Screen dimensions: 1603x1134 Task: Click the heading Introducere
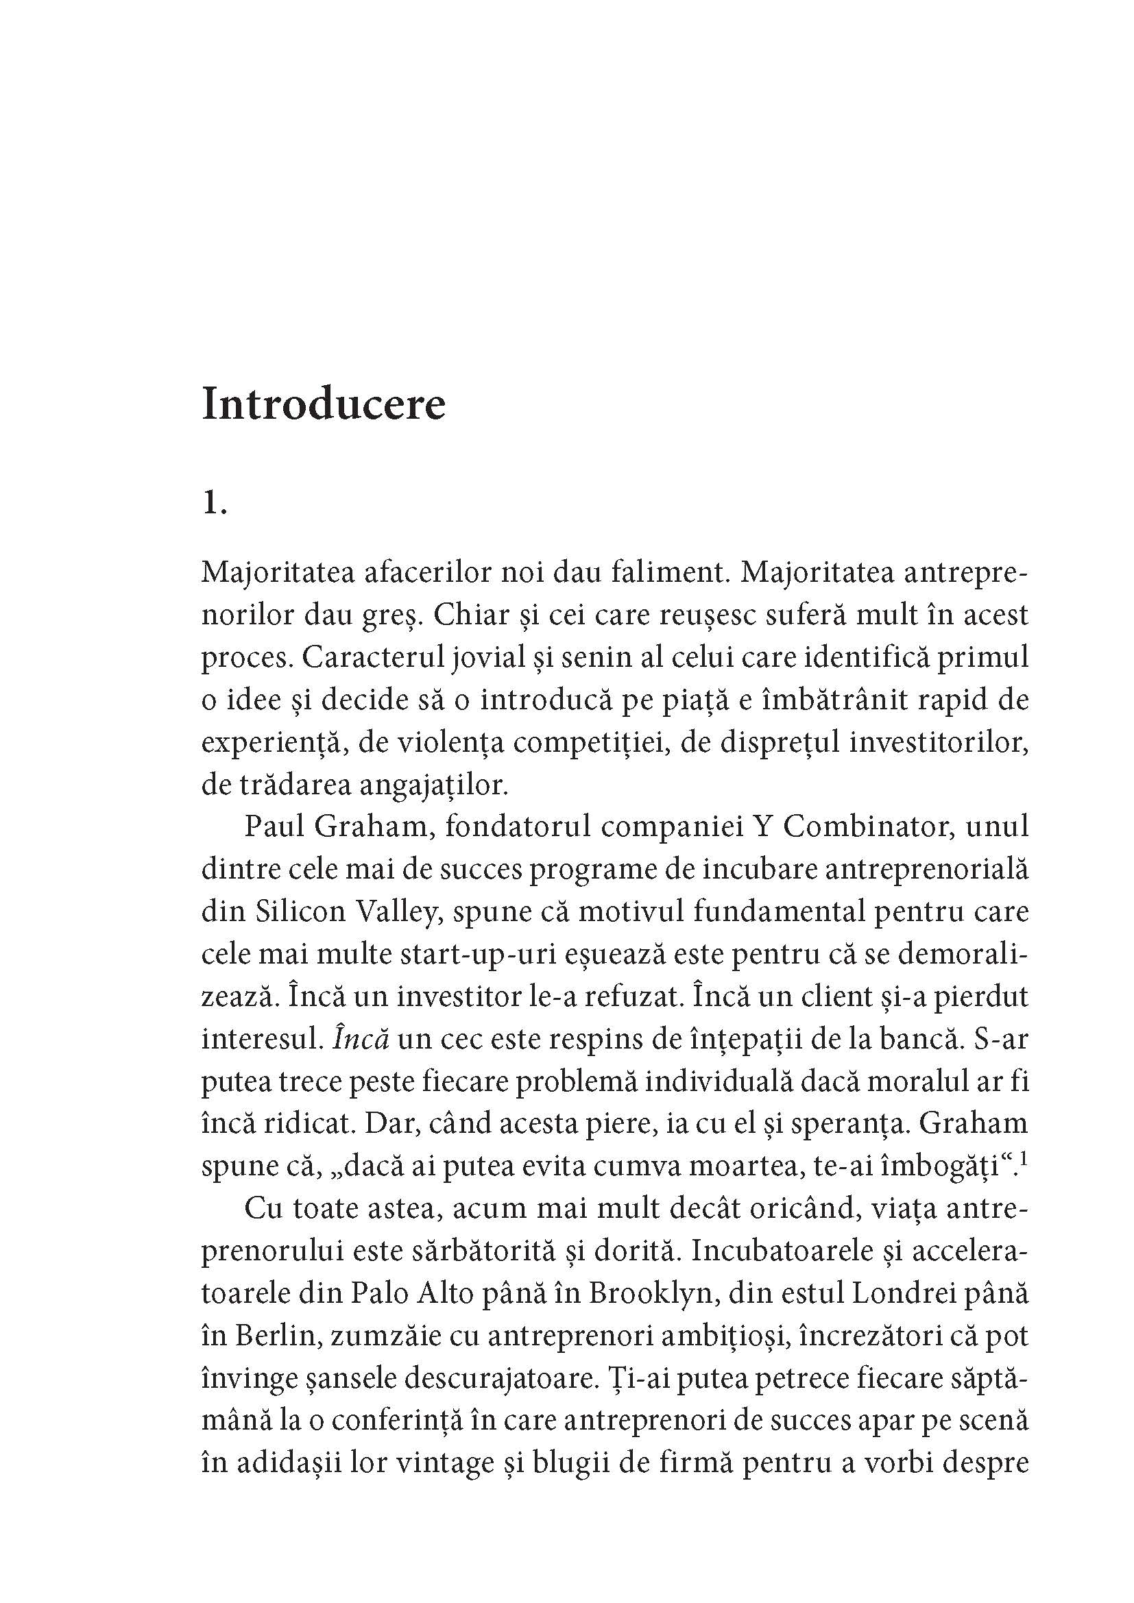[x=324, y=404]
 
